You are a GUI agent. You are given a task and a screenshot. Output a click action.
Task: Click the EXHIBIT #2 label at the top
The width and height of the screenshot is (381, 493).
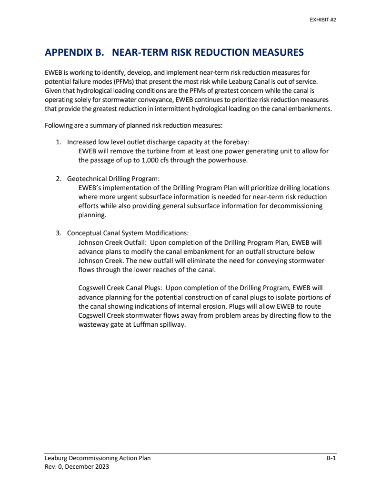[323, 20]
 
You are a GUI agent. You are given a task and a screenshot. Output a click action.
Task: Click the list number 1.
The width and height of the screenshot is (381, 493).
[59, 142]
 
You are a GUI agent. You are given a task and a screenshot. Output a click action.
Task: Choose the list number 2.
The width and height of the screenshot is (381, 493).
[59, 179]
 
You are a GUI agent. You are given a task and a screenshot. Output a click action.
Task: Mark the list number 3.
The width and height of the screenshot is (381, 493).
[59, 233]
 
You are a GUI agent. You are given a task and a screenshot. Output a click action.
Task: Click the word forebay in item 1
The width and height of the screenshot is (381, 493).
[235, 142]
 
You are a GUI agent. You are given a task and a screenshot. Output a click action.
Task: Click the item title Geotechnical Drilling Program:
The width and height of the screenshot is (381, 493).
[113, 179]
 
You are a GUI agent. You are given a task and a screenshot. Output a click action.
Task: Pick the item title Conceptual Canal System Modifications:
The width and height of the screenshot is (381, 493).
[128, 233]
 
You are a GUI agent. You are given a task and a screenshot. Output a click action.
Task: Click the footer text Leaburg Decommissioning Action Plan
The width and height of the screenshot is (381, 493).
[98, 458]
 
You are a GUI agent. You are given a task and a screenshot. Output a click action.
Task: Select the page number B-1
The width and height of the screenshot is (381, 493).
[331, 458]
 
